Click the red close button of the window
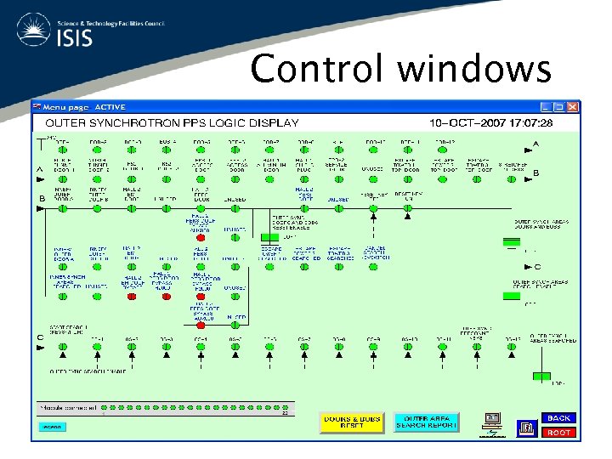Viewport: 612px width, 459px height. pos(574,107)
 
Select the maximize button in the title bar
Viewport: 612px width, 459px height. pos(560,107)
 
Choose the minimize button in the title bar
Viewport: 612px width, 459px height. pos(547,107)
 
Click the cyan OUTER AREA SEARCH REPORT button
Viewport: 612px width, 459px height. pos(426,422)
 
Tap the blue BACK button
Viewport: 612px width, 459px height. pos(558,417)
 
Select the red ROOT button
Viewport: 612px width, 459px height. pos(558,432)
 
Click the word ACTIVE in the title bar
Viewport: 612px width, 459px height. pos(110,107)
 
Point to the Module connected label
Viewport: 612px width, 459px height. pos(66,407)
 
